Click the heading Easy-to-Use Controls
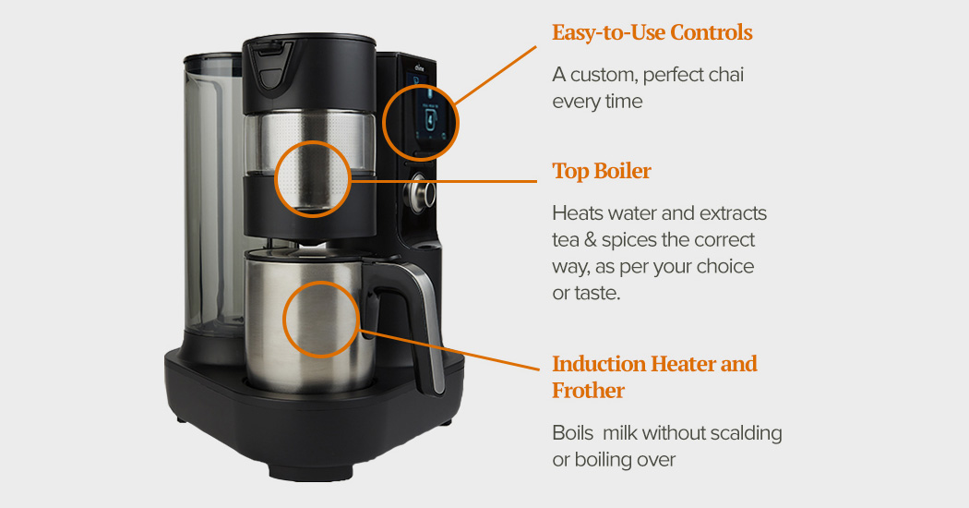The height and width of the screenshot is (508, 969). (652, 32)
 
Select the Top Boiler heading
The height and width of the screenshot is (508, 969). (601, 172)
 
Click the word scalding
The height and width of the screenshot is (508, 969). (736, 433)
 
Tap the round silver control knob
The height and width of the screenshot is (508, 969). (425, 194)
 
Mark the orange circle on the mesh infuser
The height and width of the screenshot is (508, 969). (313, 178)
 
